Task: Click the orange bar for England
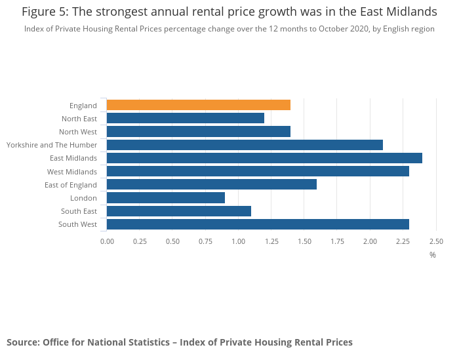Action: click(x=198, y=105)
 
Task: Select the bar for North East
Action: click(x=185, y=118)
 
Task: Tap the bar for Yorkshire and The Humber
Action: click(x=245, y=145)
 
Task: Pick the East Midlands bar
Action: click(x=264, y=158)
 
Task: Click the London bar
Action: click(x=165, y=197)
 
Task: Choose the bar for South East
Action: click(x=178, y=211)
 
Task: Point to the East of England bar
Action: click(x=211, y=184)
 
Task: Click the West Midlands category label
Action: click(x=72, y=172)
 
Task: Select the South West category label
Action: click(x=79, y=224)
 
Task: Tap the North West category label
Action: click(x=78, y=132)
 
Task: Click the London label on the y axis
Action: click(x=84, y=198)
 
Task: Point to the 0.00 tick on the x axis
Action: click(x=107, y=241)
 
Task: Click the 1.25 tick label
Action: click(x=271, y=241)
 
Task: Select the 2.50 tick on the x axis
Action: click(x=436, y=241)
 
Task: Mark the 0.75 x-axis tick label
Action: click(x=206, y=241)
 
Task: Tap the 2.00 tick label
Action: click(x=370, y=241)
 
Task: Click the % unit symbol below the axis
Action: click(x=433, y=254)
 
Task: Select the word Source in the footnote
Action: click(x=22, y=342)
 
